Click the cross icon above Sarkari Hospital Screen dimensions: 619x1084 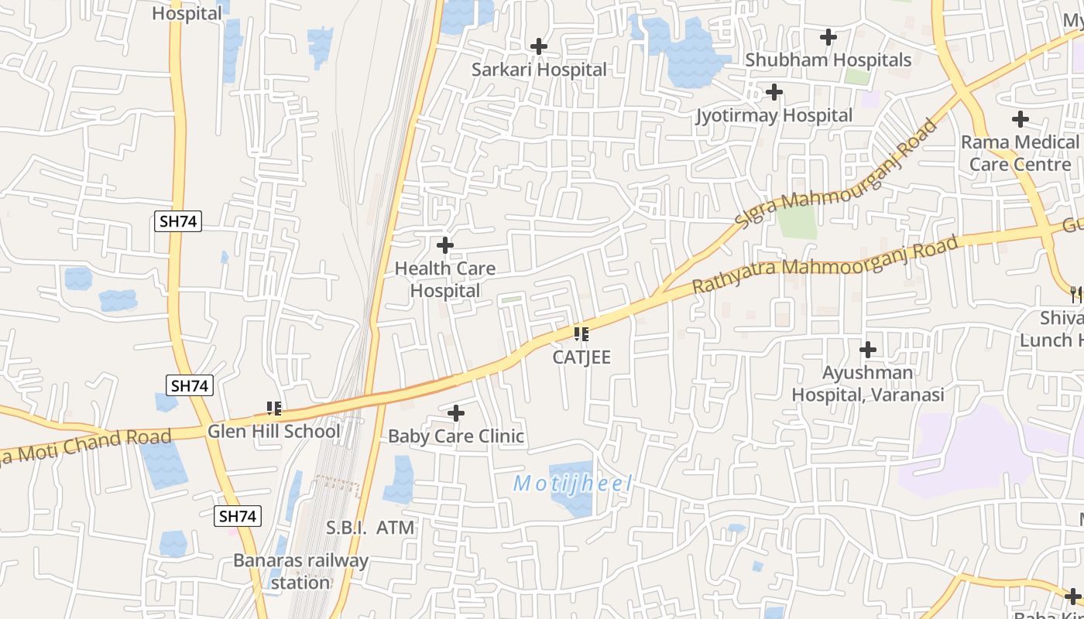pyautogui.click(x=539, y=46)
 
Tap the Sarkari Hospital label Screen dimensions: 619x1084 pyautogui.click(x=540, y=70)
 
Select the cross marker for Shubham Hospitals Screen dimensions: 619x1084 pyautogui.click(x=828, y=36)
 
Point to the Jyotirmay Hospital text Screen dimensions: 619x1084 pyautogui.click(x=774, y=116)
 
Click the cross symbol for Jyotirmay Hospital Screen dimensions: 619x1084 pyautogui.click(x=774, y=92)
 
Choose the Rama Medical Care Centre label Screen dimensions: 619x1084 pyautogui.click(x=1020, y=153)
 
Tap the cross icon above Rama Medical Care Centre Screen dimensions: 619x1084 pyautogui.click(x=1021, y=119)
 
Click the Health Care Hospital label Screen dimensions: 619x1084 pyautogui.click(x=445, y=279)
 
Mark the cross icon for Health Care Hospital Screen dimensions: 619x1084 pyautogui.click(x=445, y=246)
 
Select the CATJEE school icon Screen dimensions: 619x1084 pyautogui.click(x=581, y=334)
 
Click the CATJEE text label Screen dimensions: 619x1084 pyautogui.click(x=581, y=357)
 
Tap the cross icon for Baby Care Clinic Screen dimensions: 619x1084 pyautogui.click(x=456, y=413)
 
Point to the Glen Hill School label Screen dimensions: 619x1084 pyautogui.click(x=273, y=431)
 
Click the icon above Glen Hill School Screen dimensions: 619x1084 pyautogui.click(x=273, y=408)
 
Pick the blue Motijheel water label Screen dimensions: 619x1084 pyautogui.click(x=573, y=484)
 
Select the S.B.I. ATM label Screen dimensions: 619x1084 pyautogui.click(x=370, y=528)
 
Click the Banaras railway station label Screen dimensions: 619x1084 pyautogui.click(x=301, y=571)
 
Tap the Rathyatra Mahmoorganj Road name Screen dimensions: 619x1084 pyautogui.click(x=825, y=264)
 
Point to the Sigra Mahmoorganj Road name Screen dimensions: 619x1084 pyautogui.click(x=836, y=173)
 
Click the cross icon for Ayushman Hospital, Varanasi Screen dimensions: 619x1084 pyautogui.click(x=868, y=350)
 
